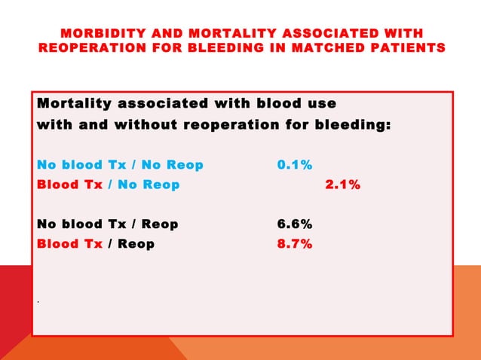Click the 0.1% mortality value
coord(295,164)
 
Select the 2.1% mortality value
coord(342,185)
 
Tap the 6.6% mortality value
coord(295,224)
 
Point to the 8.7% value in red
coord(295,244)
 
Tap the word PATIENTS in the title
coord(408,48)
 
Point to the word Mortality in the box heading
coord(73,103)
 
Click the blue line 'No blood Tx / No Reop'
coord(120,164)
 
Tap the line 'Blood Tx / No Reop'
coord(109,185)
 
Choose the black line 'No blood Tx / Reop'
coord(108,224)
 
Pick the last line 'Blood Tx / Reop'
coord(96,244)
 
